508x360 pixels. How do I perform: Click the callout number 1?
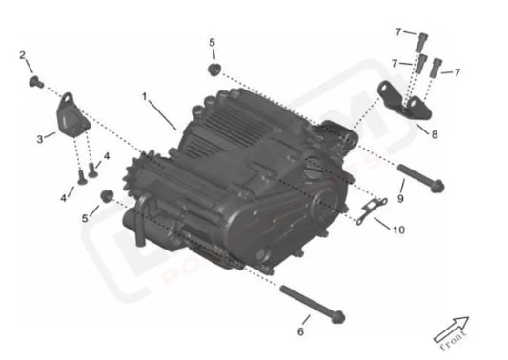point(145,97)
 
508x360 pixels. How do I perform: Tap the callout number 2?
point(22,55)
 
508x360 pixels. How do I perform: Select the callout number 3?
point(39,138)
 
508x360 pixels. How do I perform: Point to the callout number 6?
point(301,331)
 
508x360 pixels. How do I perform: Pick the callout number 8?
point(435,135)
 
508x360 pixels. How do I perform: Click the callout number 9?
point(401,198)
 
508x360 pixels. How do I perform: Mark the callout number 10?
point(399,230)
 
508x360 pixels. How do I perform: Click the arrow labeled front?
point(454,330)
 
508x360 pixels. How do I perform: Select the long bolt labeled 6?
point(313,304)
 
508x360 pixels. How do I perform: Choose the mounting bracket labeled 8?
point(401,100)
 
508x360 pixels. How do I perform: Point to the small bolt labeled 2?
point(37,84)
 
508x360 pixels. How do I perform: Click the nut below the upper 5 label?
point(213,70)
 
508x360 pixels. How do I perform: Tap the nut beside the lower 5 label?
point(107,196)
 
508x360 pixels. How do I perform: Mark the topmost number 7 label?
point(399,32)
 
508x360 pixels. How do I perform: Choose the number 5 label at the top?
point(213,43)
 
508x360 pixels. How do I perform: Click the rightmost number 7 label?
point(457,72)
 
